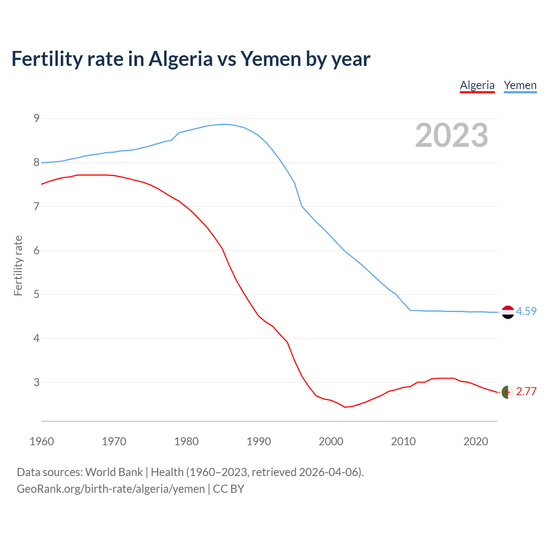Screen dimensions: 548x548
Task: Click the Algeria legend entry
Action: (x=477, y=85)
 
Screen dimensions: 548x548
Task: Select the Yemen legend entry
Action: (x=520, y=85)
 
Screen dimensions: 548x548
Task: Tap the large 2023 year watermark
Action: (x=451, y=135)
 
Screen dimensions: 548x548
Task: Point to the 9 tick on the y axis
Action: (x=36, y=119)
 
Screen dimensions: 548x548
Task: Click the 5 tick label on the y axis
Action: (x=36, y=295)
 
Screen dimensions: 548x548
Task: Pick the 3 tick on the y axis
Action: (x=36, y=382)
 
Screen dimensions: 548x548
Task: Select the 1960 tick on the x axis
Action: (x=42, y=441)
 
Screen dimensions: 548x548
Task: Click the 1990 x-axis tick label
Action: (x=259, y=441)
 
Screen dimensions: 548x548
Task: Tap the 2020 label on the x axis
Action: (x=476, y=441)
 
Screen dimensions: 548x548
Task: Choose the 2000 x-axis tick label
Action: (x=331, y=441)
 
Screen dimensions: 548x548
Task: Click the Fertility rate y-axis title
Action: (x=18, y=265)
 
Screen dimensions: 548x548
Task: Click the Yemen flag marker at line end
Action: (x=508, y=312)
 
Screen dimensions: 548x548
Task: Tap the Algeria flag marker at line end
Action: (x=508, y=392)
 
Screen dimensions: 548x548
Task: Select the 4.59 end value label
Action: (x=526, y=312)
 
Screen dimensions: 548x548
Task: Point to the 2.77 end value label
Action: (x=526, y=392)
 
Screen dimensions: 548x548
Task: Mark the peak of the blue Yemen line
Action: (x=226, y=124)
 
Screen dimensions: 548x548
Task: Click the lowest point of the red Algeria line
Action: (x=345, y=407)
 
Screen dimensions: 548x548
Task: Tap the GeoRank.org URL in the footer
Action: (x=110, y=489)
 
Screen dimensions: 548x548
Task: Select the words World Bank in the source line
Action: (x=114, y=472)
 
